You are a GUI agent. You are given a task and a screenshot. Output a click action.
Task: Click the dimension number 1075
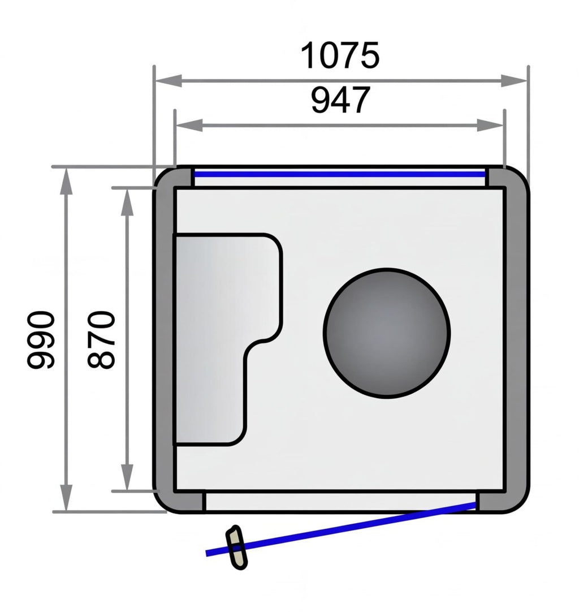[x=340, y=56]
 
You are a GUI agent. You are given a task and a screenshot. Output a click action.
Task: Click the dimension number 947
[x=340, y=100]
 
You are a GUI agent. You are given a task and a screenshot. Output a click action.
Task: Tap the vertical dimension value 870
[x=102, y=339]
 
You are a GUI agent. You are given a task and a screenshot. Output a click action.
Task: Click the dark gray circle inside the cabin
[x=387, y=333]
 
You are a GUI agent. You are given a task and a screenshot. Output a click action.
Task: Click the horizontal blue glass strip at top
[x=339, y=174]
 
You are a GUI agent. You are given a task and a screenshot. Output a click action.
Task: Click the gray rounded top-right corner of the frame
[x=512, y=178]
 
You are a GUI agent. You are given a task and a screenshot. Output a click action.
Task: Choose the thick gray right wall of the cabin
[x=516, y=339]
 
